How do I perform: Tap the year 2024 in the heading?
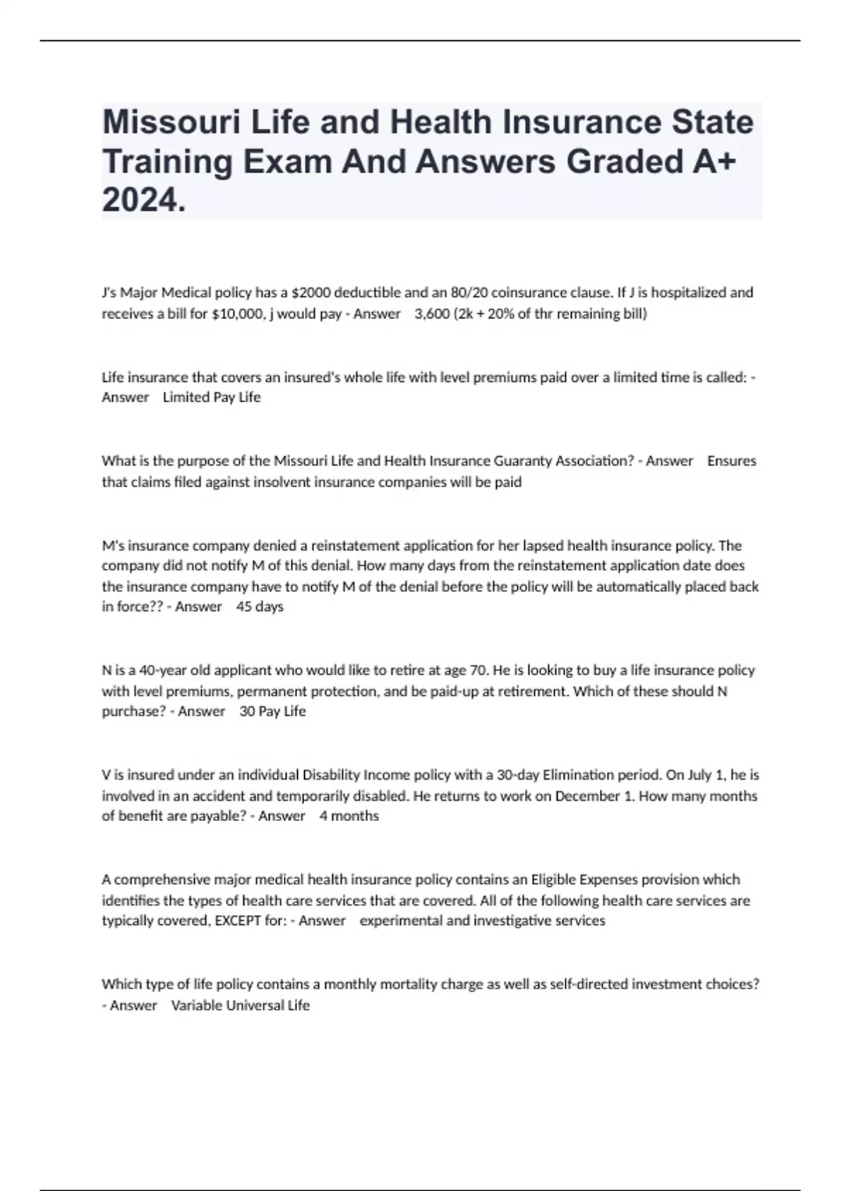point(144,202)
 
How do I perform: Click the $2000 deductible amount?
point(303,292)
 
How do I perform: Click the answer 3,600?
point(432,313)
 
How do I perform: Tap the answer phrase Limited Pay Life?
point(211,397)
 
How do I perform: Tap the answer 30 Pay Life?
point(273,712)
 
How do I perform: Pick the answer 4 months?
point(349,816)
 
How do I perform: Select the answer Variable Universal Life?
point(240,1005)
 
